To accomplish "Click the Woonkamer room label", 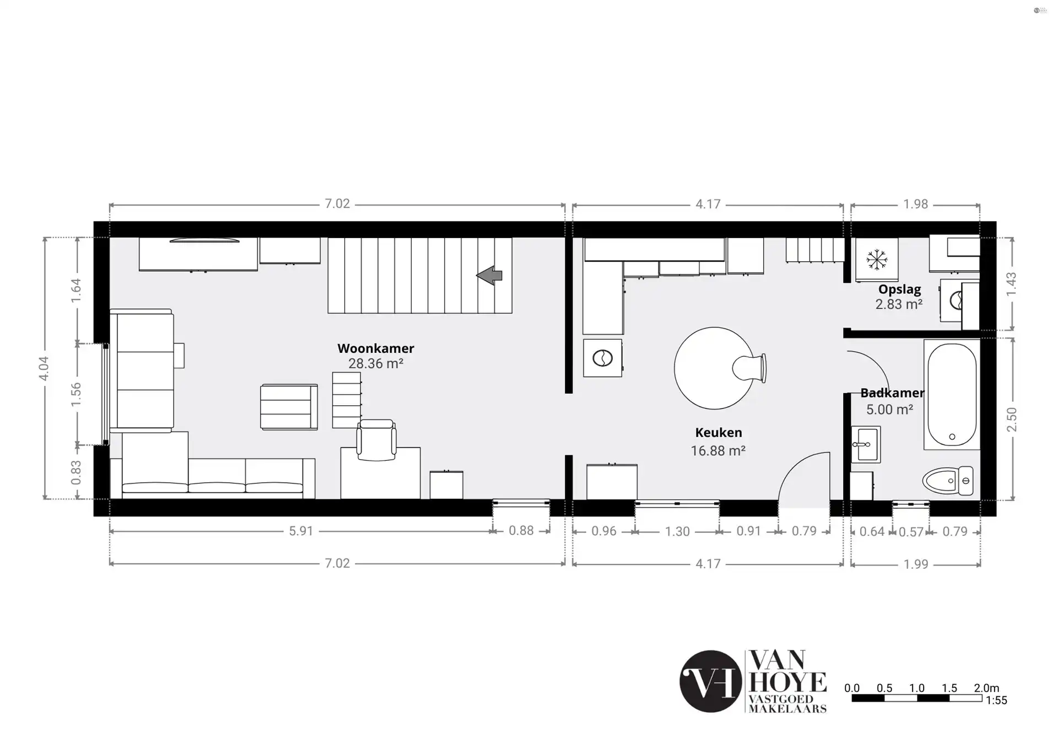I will click(375, 348).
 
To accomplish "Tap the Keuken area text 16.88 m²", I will click(718, 451).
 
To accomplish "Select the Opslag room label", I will click(899, 289).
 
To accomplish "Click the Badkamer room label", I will click(892, 393).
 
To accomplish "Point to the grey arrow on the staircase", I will click(489, 275).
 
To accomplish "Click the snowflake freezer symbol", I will click(877, 260).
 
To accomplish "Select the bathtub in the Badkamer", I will click(952, 394).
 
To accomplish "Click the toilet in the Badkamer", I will click(949, 481).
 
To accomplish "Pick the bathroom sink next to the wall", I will click(866, 444).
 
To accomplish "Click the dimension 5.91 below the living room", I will click(301, 531).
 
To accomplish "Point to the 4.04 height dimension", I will click(44, 368).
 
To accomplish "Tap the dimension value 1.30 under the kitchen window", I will click(677, 531).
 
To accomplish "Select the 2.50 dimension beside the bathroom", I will click(1012, 419).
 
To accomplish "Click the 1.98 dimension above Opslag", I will click(915, 205).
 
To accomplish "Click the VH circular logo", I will click(710, 681).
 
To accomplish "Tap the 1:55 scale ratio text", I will click(996, 701).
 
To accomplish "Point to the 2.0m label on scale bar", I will click(986, 688).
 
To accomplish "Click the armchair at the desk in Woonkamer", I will click(376, 440).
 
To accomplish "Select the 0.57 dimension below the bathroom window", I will click(910, 532).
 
